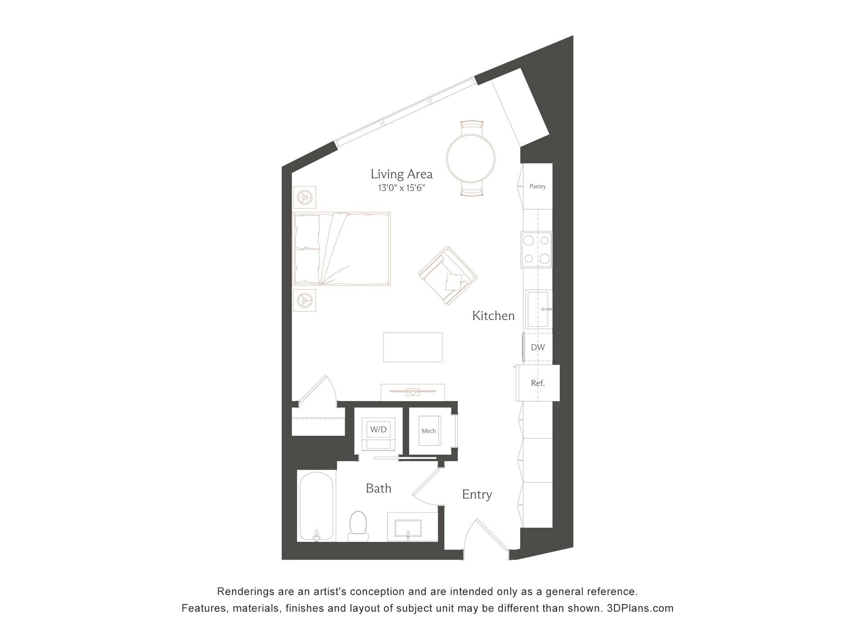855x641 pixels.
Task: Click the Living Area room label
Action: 401,174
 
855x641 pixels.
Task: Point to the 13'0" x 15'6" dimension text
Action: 401,188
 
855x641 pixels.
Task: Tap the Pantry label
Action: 537,187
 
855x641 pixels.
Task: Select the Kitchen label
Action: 493,316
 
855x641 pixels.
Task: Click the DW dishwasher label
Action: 537,347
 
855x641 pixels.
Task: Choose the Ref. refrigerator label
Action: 537,383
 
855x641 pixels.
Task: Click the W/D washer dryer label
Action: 379,430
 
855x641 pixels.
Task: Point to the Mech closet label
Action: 428,431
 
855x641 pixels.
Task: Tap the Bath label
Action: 378,488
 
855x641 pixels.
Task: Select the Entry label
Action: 476,495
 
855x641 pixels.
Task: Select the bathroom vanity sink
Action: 408,528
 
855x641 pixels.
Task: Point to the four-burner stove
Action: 537,249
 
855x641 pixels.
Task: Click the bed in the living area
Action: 342,248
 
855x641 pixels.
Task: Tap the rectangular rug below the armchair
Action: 413,347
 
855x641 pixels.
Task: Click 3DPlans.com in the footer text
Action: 640,608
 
